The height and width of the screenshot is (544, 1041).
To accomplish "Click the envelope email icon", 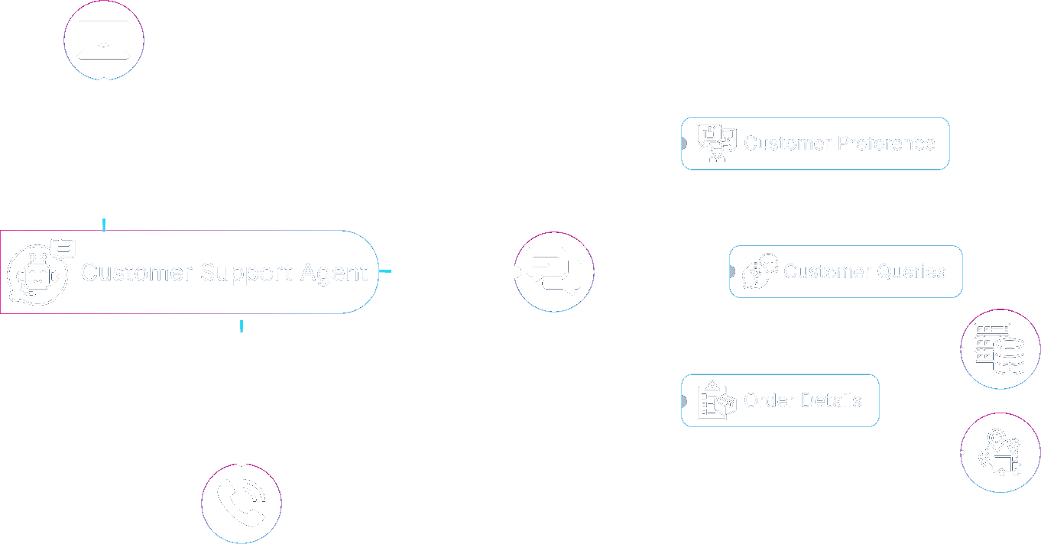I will tap(104, 40).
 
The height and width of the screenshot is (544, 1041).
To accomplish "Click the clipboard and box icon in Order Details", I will tap(716, 400).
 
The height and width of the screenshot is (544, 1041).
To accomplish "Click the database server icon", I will tap(1000, 348).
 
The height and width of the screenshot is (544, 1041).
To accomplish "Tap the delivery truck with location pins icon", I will tap(1000, 452).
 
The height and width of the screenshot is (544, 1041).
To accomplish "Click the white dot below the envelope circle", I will tap(104, 84).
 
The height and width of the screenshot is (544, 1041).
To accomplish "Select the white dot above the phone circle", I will tap(242, 460).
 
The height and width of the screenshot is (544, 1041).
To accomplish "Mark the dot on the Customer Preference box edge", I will tap(681, 143).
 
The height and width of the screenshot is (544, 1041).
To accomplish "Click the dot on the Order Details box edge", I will tap(681, 401).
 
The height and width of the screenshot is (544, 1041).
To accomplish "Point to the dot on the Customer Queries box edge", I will tap(729, 271).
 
